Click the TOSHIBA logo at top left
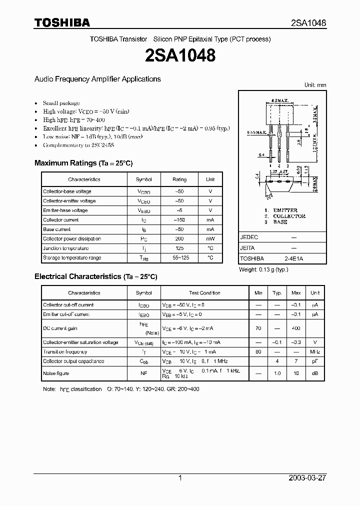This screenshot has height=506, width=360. coord(62,22)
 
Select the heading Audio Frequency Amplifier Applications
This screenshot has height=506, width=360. coord(97,79)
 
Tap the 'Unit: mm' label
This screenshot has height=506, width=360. coord(315,85)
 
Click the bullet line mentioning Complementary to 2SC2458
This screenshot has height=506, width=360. coord(71,145)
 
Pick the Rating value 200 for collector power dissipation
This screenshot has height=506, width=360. coord(179,239)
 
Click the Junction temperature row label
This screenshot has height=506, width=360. coord(65,248)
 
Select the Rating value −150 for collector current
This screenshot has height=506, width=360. coord(179,220)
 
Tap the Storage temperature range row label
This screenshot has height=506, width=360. coord(72,258)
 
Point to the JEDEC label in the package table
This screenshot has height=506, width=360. coord(249,237)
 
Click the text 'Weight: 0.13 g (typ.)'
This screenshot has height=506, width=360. coord(264,270)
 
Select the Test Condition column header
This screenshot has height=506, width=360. coord(204,293)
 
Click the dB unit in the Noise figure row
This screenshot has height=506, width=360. coord(315,373)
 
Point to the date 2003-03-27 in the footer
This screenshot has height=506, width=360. coord(307,478)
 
